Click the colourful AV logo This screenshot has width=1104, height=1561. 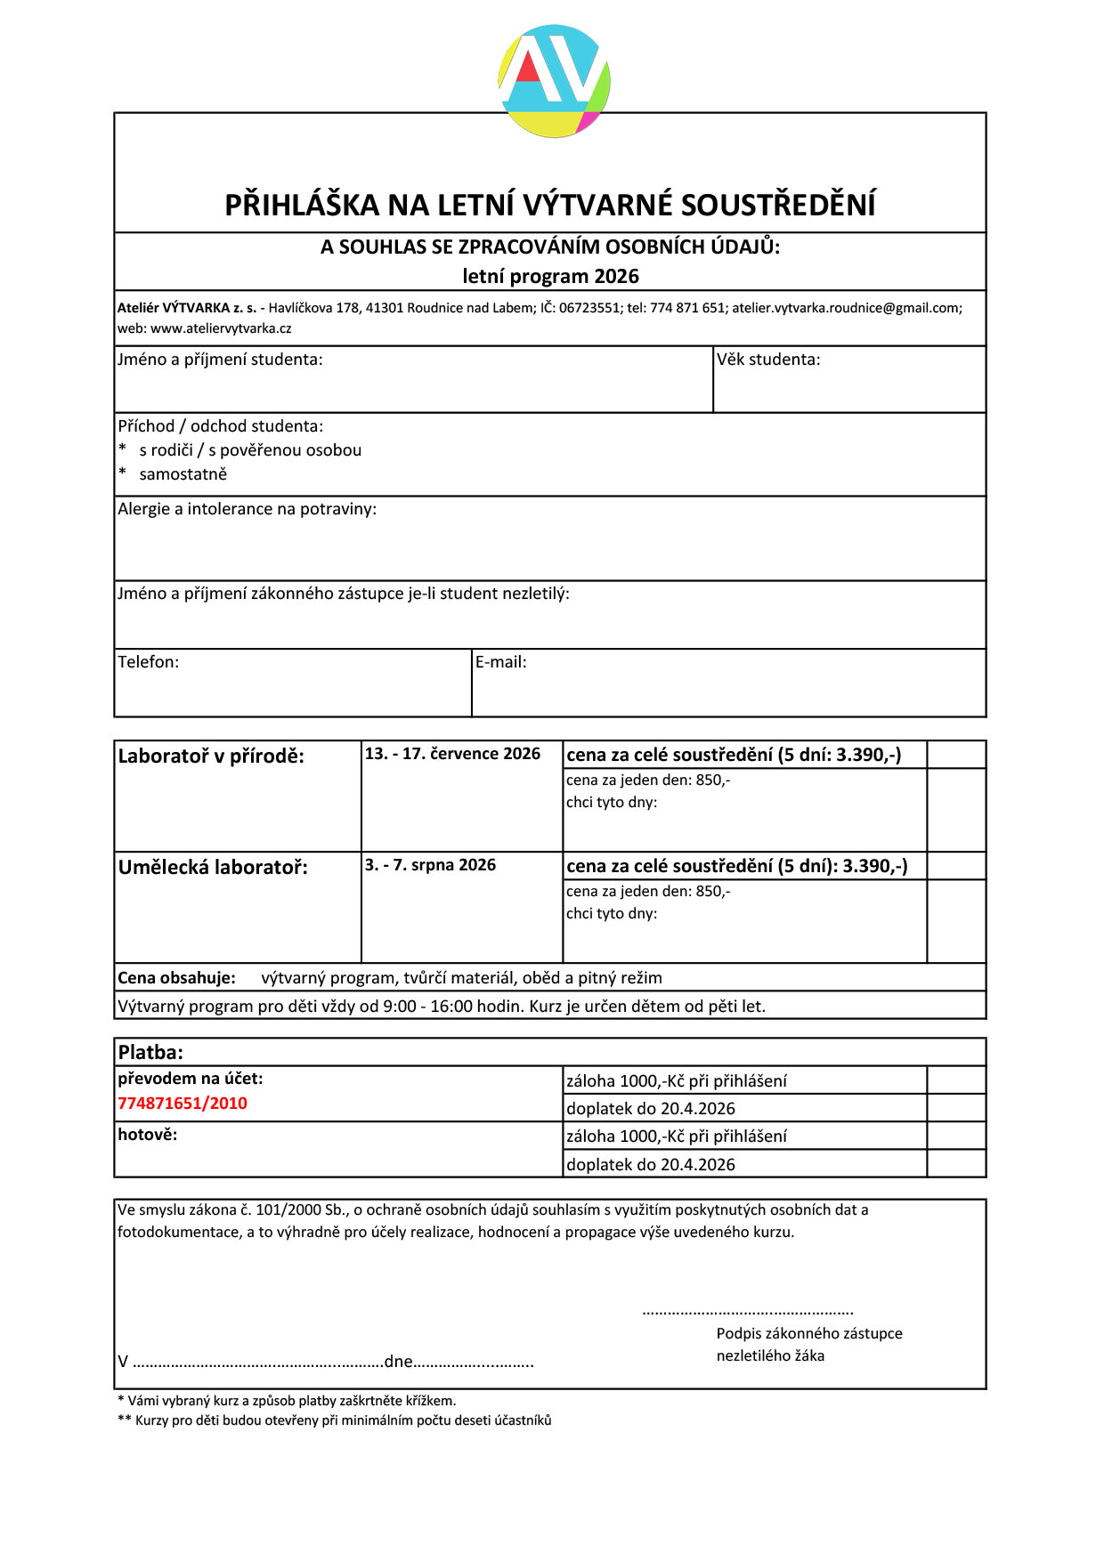(x=554, y=81)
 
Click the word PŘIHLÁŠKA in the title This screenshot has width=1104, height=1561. (x=302, y=206)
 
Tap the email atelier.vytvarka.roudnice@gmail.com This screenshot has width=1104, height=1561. (x=846, y=308)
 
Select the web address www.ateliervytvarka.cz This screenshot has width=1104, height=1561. (x=221, y=328)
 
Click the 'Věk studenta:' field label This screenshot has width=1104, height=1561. (x=768, y=360)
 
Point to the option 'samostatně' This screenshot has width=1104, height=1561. (x=183, y=474)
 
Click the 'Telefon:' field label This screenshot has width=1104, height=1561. (x=149, y=662)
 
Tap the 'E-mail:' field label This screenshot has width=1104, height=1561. (x=500, y=662)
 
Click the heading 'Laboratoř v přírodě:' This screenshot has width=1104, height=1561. (x=211, y=756)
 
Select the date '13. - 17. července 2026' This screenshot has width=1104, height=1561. (x=452, y=754)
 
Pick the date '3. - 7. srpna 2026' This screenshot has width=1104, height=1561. (x=430, y=865)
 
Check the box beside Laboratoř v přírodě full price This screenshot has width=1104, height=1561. (x=956, y=755)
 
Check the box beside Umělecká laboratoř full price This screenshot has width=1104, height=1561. (x=956, y=866)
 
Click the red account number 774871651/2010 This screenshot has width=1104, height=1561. (x=183, y=1104)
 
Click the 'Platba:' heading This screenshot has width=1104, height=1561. (x=150, y=1052)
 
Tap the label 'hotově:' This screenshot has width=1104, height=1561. (x=148, y=1135)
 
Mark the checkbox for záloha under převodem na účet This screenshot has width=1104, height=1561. (x=956, y=1080)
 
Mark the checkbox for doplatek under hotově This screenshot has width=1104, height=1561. (x=956, y=1163)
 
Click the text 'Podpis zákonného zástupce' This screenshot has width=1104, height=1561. (x=809, y=1333)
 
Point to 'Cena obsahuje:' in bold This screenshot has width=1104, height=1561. (x=176, y=978)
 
